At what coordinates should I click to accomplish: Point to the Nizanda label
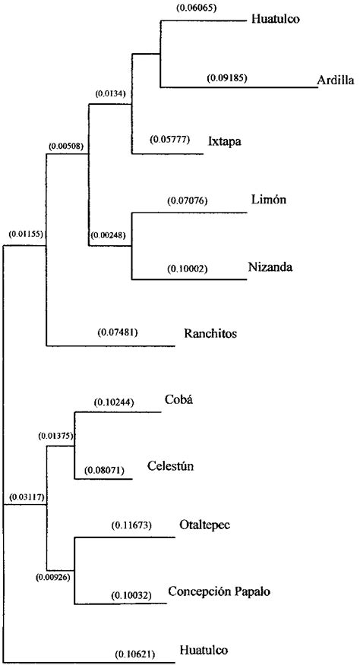(270, 267)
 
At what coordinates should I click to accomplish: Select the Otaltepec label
(206, 525)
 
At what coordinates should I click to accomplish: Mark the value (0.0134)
(110, 93)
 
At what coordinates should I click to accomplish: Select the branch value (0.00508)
(65, 144)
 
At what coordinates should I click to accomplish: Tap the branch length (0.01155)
(25, 235)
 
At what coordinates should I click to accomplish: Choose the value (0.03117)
(25, 497)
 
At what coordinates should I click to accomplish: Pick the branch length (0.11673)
(132, 525)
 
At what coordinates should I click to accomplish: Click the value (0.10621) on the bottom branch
(135, 654)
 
